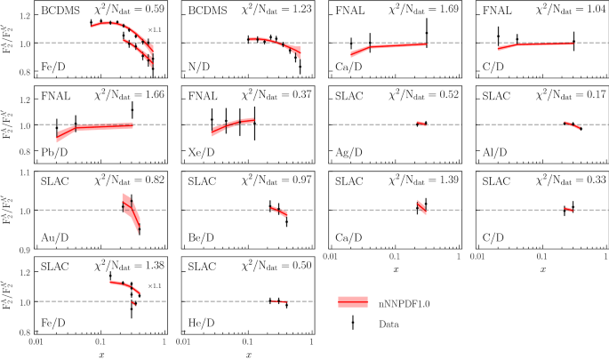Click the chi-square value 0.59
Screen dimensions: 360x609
pos(141,12)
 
